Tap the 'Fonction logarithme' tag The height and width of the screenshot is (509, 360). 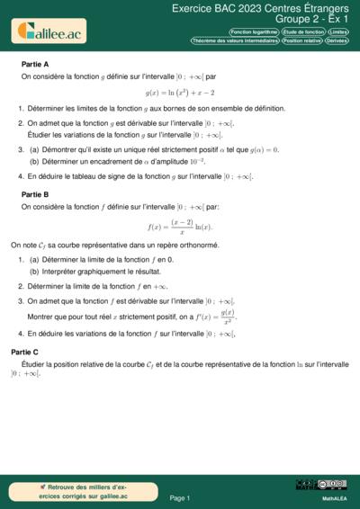[x=254, y=31]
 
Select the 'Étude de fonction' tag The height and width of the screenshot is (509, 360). [x=302, y=31]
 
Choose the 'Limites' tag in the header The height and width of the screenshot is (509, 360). [x=338, y=31]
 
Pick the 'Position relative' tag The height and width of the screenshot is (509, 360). [x=301, y=40]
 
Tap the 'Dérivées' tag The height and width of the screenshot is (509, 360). [x=337, y=40]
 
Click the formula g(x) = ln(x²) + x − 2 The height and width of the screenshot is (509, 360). [x=180, y=93]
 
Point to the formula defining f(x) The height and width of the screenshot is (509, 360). [x=180, y=225]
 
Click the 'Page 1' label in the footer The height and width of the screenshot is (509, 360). [x=180, y=497]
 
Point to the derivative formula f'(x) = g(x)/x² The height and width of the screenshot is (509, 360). [x=217, y=316]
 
